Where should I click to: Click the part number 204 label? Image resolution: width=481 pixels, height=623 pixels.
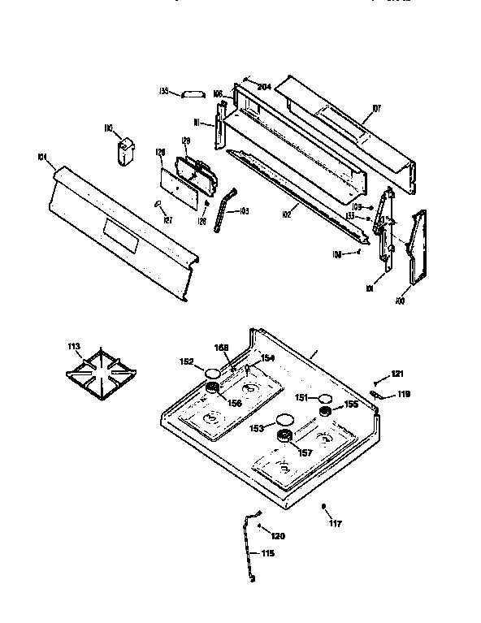(x=263, y=87)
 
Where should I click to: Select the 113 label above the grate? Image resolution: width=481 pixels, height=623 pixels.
(x=74, y=347)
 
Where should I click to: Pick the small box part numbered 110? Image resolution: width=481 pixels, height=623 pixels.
(x=125, y=152)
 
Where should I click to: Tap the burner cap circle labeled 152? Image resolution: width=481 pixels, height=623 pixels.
(x=214, y=374)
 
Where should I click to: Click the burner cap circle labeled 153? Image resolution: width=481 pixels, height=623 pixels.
(x=284, y=420)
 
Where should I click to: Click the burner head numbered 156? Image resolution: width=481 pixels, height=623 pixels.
(x=214, y=392)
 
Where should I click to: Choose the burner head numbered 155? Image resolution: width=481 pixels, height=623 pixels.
(x=325, y=413)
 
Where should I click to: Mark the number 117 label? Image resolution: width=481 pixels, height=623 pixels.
(x=335, y=524)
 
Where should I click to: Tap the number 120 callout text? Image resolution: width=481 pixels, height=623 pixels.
(x=278, y=535)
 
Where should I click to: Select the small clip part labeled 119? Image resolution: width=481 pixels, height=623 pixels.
(x=378, y=395)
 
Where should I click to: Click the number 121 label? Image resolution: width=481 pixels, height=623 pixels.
(x=396, y=374)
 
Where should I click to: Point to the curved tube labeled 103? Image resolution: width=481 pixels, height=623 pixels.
(x=223, y=210)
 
